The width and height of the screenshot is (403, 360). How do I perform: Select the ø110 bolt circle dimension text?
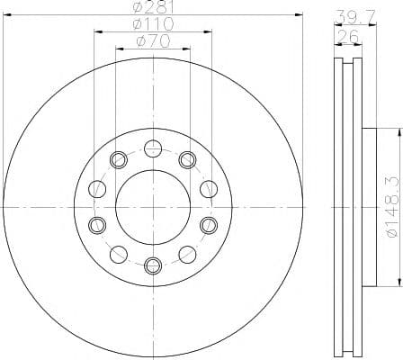(x=153, y=25)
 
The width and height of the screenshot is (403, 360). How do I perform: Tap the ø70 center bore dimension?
(x=153, y=40)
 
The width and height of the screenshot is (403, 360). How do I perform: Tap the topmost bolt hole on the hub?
(x=152, y=148)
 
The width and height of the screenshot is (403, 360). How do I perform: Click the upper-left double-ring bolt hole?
(x=117, y=160)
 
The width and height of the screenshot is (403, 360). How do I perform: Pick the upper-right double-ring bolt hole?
(x=187, y=160)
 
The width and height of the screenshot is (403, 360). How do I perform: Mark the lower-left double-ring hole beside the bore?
(x=96, y=224)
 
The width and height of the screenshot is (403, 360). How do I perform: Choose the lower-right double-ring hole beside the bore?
(x=209, y=224)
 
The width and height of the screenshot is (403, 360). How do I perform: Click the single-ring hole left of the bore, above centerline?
(x=96, y=189)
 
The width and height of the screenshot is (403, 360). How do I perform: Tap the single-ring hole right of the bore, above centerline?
(x=209, y=189)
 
